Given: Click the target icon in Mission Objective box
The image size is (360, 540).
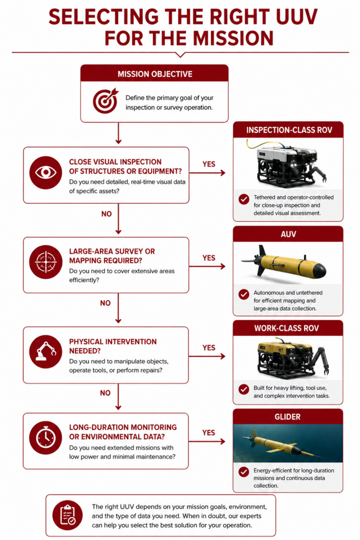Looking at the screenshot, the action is (x=105, y=101).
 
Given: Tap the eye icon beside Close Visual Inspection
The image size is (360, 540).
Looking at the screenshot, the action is (x=45, y=172).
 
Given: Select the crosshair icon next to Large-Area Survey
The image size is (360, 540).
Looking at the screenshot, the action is (x=45, y=262).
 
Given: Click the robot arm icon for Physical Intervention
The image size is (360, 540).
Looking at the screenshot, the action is (x=45, y=352).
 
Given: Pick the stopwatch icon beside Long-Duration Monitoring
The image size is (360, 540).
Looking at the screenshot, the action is (x=45, y=438).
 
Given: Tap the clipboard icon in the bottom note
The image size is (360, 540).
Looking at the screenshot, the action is (x=67, y=515).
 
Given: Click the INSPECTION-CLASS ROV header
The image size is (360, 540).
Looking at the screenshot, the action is (x=289, y=130).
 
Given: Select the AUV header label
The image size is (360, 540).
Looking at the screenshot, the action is (x=288, y=234).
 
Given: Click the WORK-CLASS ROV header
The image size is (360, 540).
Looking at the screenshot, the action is (x=287, y=328).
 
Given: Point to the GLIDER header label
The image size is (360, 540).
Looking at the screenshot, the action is (x=287, y=417).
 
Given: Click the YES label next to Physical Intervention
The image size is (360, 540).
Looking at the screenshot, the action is (x=209, y=348).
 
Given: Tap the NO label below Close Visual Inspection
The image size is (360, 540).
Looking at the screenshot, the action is (x=106, y=214).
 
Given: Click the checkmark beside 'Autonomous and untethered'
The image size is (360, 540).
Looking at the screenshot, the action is (x=244, y=294).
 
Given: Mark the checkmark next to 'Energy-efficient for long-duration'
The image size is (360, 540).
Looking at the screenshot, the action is (x=244, y=472).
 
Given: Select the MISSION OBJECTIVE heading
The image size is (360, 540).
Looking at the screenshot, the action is (x=155, y=74).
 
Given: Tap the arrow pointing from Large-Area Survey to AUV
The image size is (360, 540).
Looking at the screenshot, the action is (x=207, y=266).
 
